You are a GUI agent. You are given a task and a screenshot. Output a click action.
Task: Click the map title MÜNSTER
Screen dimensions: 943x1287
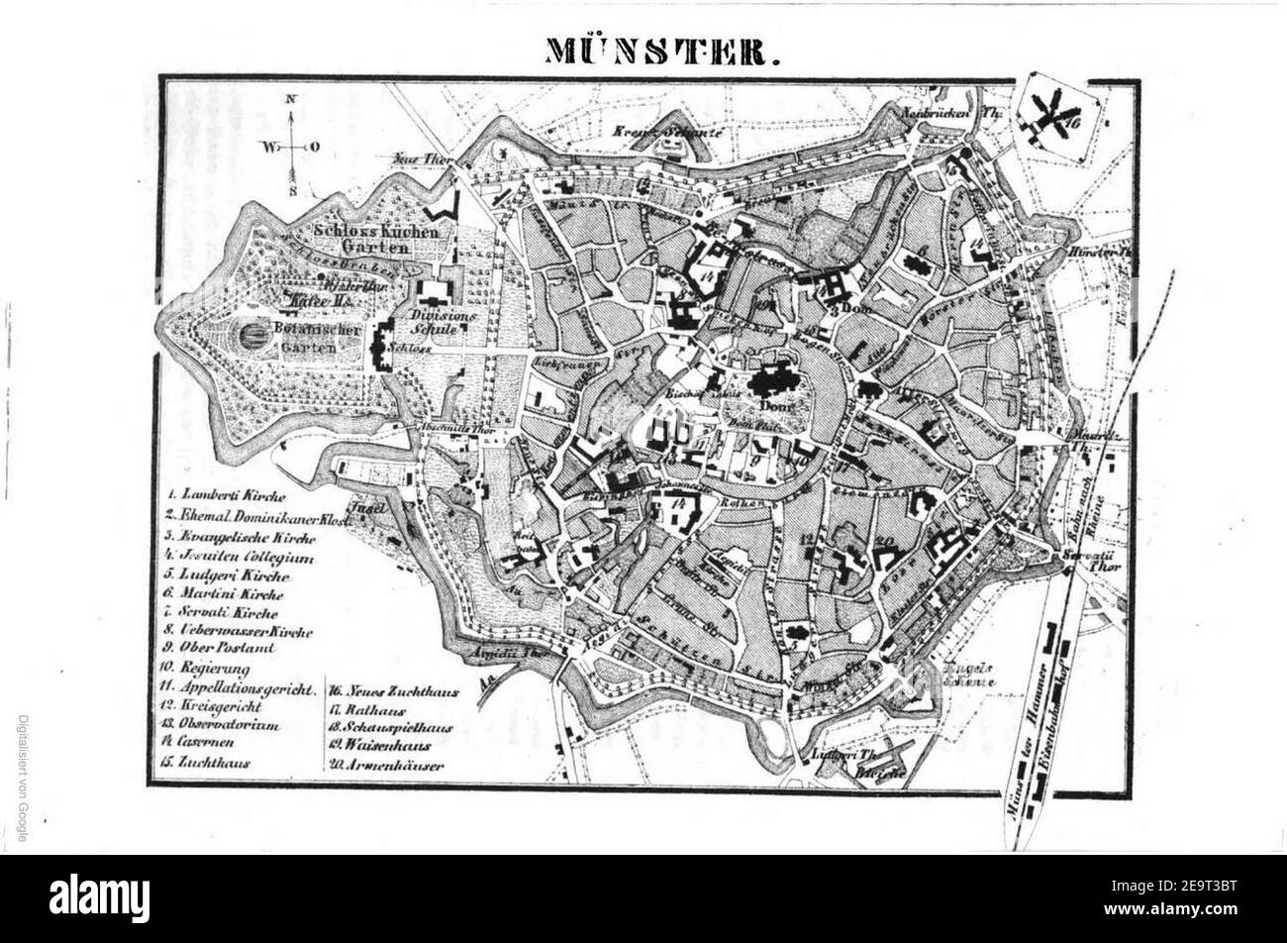[656, 52]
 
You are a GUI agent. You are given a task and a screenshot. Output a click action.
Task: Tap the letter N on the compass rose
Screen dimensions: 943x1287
[291, 99]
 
